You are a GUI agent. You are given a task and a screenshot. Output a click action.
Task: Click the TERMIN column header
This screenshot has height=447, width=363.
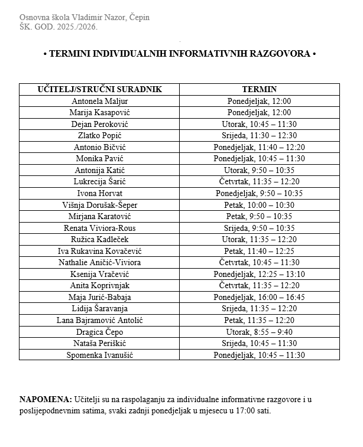point(259,90)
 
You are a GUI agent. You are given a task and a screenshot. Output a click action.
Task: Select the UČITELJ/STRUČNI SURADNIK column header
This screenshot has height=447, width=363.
point(99,90)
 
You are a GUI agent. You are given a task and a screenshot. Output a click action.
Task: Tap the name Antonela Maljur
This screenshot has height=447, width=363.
point(99,101)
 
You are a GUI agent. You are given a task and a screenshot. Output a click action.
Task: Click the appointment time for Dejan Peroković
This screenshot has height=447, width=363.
point(259,124)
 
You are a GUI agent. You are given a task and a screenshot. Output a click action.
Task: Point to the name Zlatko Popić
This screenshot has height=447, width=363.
point(99,135)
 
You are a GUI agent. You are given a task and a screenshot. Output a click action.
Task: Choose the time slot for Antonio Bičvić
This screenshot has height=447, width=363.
point(259,147)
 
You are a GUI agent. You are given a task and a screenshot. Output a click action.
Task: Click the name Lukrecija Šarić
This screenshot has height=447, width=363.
point(99,181)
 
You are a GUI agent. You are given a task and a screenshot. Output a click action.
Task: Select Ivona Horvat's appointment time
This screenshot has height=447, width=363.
point(259,193)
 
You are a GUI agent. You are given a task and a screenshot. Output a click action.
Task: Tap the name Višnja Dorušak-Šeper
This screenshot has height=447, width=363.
point(99,205)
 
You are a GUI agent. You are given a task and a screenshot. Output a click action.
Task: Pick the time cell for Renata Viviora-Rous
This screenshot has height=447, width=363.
point(259,228)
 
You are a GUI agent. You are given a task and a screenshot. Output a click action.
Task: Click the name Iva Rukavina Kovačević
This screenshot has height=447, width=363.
point(99,251)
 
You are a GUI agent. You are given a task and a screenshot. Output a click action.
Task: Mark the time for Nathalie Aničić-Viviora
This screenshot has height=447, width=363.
point(259,262)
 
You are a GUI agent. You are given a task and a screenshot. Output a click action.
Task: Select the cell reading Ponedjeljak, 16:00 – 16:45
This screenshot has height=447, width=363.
point(259,297)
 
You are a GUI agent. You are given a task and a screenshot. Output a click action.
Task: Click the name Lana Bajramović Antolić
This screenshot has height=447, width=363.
point(99,320)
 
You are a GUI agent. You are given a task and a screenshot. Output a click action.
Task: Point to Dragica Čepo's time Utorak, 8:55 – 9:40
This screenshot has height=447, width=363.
point(259,332)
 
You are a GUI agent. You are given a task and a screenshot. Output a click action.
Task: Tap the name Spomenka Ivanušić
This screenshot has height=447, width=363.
point(99,355)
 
